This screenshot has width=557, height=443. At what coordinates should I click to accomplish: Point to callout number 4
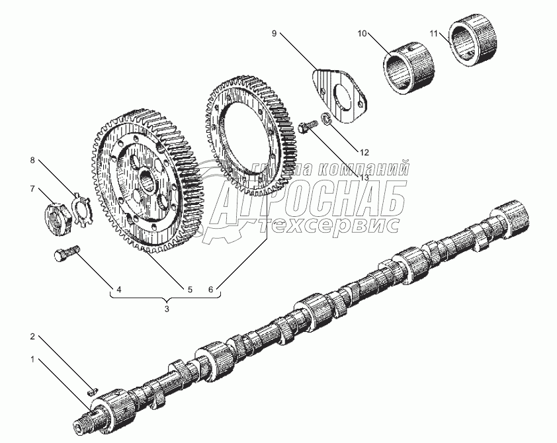click(119, 289)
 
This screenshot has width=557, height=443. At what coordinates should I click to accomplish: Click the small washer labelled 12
click(325, 122)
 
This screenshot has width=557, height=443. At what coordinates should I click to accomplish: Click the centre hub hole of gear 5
click(147, 179)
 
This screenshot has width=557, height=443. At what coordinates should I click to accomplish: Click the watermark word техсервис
click(337, 225)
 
